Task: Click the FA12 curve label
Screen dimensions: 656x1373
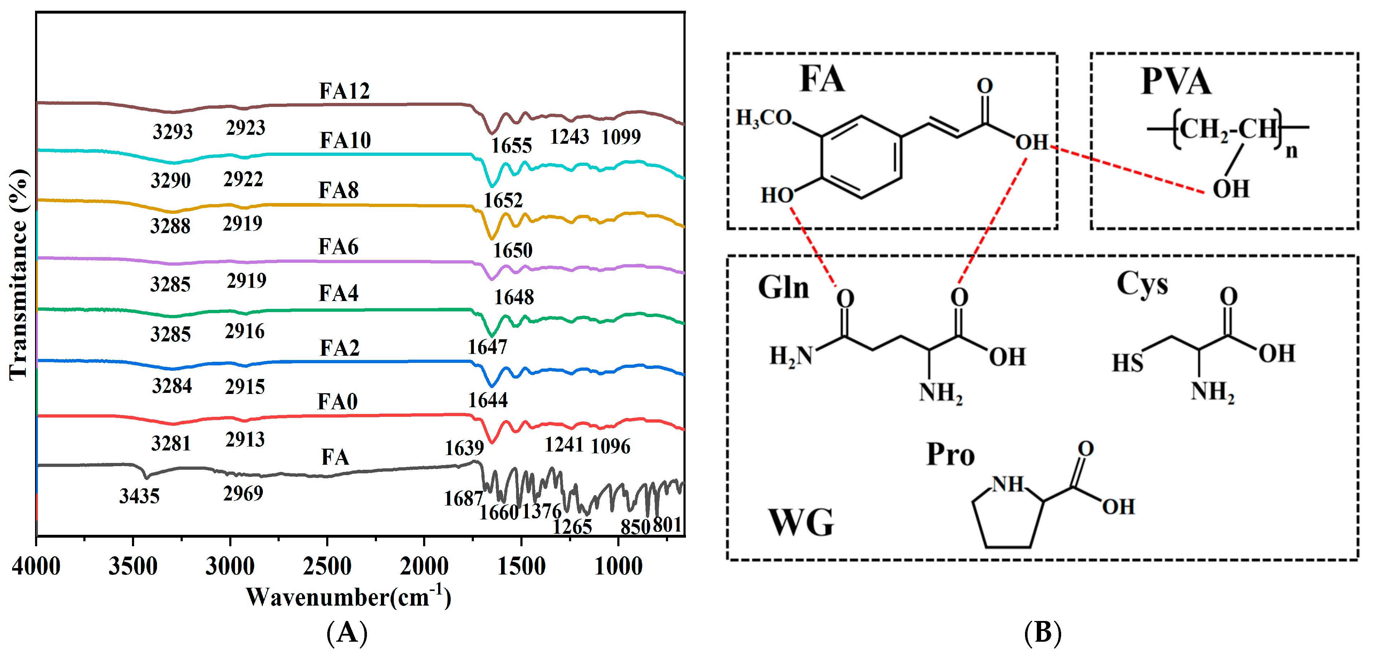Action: (344, 91)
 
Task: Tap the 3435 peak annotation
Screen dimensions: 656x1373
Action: (139, 496)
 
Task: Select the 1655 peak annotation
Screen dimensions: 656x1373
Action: (511, 145)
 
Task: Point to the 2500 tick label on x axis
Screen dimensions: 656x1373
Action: (327, 566)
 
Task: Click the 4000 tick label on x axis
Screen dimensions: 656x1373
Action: (36, 566)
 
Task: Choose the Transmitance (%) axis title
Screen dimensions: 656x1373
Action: (18, 275)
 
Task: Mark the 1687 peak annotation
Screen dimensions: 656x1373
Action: (463, 499)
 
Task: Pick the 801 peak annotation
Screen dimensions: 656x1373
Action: (667, 524)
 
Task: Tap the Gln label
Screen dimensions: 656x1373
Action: (784, 288)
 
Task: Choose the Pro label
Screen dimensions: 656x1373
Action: (950, 455)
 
